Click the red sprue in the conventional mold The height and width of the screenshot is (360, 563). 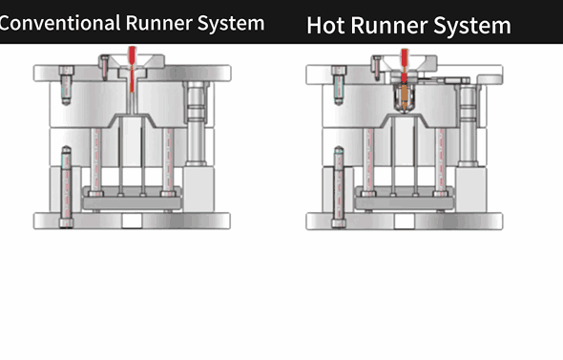pyautogui.click(x=132, y=76)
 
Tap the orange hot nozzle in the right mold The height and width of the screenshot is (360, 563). pyautogui.click(x=405, y=95)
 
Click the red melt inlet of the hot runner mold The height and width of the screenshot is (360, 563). pyautogui.click(x=405, y=62)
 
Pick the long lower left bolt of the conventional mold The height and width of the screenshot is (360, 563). pyautogui.click(x=65, y=186)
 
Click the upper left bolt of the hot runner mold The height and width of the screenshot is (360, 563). pyautogui.click(x=337, y=83)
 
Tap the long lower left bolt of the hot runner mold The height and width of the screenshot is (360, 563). pyautogui.click(x=338, y=186)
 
